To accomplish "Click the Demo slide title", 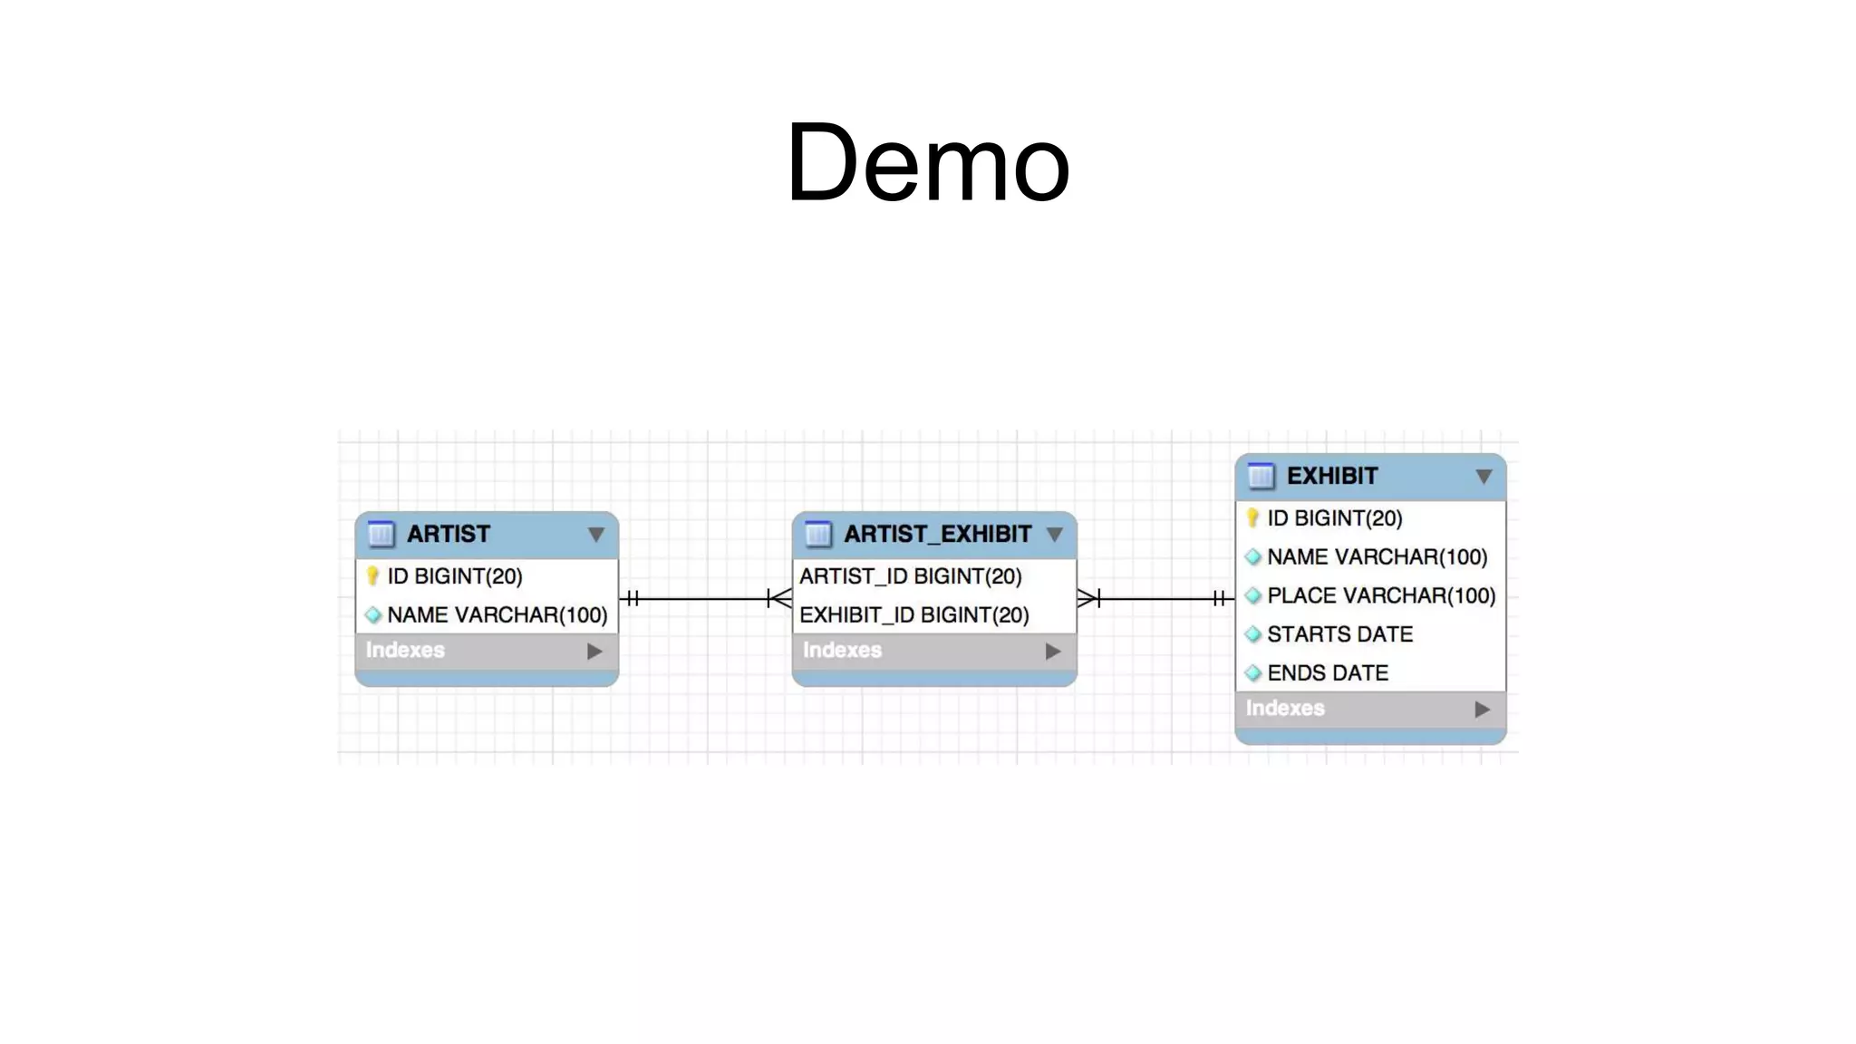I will point(927,164).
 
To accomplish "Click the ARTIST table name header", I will point(448,534).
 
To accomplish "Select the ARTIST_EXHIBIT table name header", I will point(937,534).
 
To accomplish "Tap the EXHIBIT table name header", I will point(1331,476).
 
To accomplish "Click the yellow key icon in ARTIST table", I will point(372,576).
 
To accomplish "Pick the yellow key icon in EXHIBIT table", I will point(1252,518).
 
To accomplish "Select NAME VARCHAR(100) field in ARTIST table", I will point(497,615).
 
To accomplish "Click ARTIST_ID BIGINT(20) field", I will point(910,576).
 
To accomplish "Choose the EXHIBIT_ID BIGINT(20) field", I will point(913,615).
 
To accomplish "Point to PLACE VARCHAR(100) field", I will point(1380,595).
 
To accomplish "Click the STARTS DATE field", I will point(1339,634).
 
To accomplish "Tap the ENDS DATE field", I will point(1327,673).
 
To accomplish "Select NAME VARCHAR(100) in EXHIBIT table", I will point(1377,557).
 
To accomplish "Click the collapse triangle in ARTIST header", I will point(595,535).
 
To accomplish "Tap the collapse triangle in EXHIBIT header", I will point(1483,477).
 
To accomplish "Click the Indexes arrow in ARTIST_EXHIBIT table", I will point(1052,652).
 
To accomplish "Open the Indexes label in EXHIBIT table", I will point(1284,709).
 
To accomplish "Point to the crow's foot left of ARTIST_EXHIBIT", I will point(779,598).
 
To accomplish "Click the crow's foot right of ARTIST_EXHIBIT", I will point(1088,598).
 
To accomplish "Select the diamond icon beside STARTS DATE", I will point(1253,634).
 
